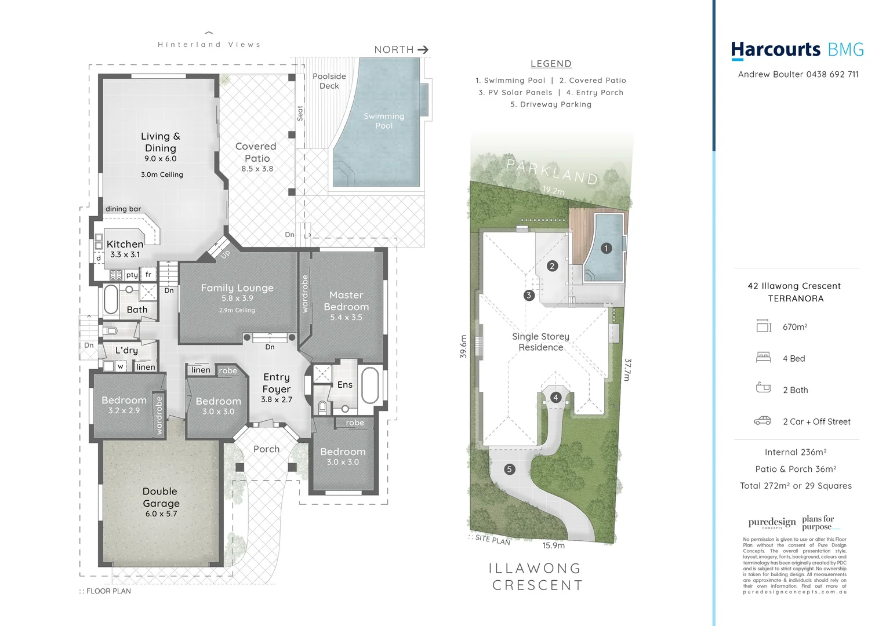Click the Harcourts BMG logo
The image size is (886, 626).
point(797,50)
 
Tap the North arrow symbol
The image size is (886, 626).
point(423,50)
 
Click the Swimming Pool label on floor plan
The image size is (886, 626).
point(383,121)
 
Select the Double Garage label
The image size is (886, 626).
point(161,497)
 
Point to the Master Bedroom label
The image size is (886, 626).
point(346,301)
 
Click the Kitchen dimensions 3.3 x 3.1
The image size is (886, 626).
point(125,254)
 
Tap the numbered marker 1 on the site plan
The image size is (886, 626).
point(606,248)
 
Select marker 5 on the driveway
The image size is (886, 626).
point(509,469)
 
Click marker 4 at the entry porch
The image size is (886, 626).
point(555,397)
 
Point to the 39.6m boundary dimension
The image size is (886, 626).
point(463,346)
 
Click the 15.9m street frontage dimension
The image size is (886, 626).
point(553,545)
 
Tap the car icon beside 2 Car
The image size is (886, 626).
point(762,421)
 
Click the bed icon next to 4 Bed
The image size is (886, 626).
point(763,358)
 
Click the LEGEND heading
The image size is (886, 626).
point(551,64)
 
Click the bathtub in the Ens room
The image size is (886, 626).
point(369,385)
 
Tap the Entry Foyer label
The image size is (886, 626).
point(277,383)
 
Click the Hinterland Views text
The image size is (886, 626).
point(209,44)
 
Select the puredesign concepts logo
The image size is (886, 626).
point(772,523)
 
